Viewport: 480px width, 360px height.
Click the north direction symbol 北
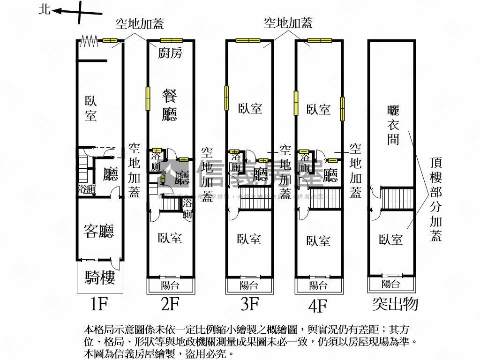click(x=45, y=9)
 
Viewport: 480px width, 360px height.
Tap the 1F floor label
click(x=99, y=305)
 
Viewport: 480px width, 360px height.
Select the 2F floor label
click(x=170, y=305)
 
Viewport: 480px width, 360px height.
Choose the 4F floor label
click(x=318, y=306)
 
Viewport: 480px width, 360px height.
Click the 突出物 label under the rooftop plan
click(x=395, y=304)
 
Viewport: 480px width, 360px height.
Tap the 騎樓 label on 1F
click(x=100, y=278)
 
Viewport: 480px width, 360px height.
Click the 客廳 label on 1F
click(x=99, y=231)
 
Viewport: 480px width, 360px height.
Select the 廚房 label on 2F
click(x=170, y=53)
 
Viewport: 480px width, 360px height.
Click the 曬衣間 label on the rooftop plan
click(x=393, y=124)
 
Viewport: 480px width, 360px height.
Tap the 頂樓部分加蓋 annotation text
click(x=436, y=199)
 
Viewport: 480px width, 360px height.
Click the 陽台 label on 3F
click(x=249, y=285)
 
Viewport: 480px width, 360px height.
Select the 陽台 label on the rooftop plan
click(x=391, y=283)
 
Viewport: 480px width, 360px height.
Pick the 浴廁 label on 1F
click(x=87, y=189)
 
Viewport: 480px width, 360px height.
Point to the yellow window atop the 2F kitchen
click(x=171, y=40)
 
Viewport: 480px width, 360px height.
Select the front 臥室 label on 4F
click(x=318, y=241)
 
